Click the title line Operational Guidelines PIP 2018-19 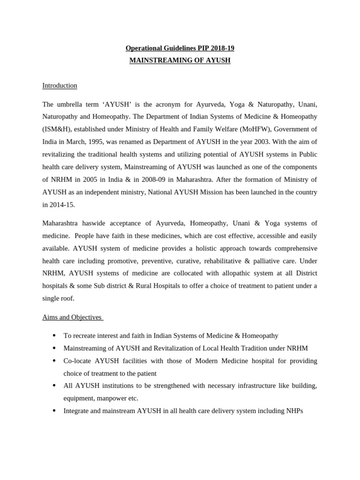pyautogui.click(x=180, y=48)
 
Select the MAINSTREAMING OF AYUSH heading pyautogui.click(x=180, y=60)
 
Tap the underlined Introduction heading pyautogui.click(x=60, y=85)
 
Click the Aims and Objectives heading pyautogui.click(x=72, y=317)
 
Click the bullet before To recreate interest pyautogui.click(x=54, y=336)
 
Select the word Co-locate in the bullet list pyautogui.click(x=78, y=361)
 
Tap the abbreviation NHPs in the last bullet pyautogui.click(x=294, y=411)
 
